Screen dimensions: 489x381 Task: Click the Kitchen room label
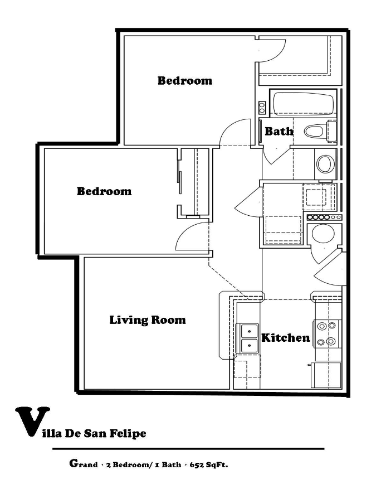[285, 337]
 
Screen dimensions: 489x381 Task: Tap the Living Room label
[147, 320]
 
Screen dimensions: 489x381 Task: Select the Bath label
[279, 132]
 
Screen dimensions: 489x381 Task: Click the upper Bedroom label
[184, 80]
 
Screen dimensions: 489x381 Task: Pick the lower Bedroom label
[104, 191]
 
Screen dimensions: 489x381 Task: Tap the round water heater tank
[323, 234]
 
